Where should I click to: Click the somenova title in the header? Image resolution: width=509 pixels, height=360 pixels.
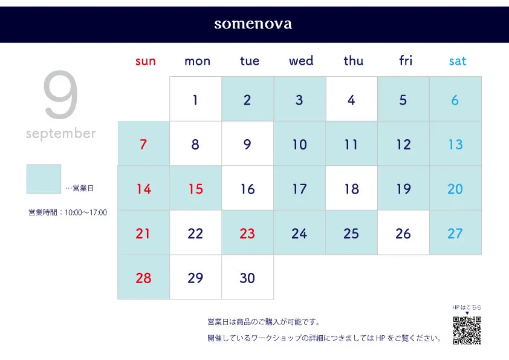tap(253, 24)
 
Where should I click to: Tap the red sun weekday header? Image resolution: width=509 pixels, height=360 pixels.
tap(146, 61)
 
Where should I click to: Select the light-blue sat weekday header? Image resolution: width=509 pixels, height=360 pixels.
tap(458, 61)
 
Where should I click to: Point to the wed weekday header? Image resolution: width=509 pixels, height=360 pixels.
tap(301, 61)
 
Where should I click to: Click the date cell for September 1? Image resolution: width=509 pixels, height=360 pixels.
tap(195, 99)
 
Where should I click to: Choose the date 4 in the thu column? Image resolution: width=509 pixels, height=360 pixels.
tap(352, 99)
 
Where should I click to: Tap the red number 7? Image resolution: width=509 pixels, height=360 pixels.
tap(143, 144)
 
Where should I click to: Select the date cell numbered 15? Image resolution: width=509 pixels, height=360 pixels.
tap(195, 188)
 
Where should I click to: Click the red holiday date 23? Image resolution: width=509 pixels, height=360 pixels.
tap(247, 234)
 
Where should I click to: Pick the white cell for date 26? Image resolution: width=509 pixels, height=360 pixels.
tap(403, 232)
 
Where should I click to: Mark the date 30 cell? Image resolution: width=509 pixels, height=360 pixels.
tap(247, 277)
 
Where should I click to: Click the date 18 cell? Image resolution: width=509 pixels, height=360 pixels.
tap(352, 188)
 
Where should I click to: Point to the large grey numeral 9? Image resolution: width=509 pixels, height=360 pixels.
tap(60, 94)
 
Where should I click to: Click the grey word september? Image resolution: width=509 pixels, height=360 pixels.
tap(61, 134)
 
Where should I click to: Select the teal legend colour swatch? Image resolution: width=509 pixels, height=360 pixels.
tap(44, 179)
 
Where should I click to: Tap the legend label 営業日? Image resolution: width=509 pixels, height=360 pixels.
tap(83, 188)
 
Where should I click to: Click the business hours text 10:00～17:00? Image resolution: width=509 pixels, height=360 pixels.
tap(86, 213)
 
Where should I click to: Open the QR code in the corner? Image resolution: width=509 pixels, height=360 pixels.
tap(467, 330)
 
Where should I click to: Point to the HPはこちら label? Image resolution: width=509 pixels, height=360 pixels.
tap(467, 307)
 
